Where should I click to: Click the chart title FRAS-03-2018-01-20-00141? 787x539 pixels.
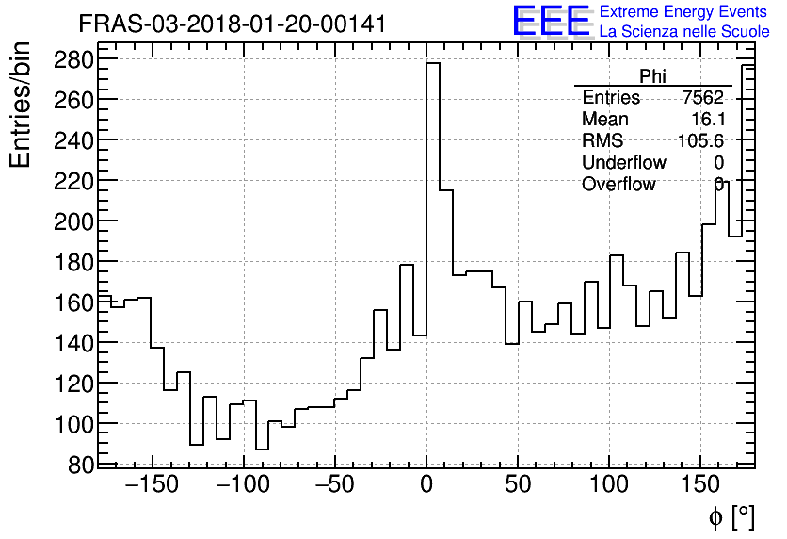(x=232, y=24)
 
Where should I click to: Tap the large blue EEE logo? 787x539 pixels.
(x=552, y=21)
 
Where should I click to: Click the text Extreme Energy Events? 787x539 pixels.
(x=683, y=12)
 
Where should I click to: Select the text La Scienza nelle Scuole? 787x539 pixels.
(x=684, y=32)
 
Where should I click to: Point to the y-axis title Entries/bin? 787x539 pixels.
(x=21, y=105)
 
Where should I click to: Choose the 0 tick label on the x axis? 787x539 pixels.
(x=426, y=486)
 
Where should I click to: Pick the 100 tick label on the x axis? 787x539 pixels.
(x=609, y=486)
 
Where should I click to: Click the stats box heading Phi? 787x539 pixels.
(x=652, y=76)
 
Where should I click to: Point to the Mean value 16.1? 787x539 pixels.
(x=707, y=120)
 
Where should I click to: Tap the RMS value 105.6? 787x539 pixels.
(x=700, y=141)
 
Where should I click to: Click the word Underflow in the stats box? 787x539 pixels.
(x=623, y=163)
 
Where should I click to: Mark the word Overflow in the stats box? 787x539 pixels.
(x=618, y=185)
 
